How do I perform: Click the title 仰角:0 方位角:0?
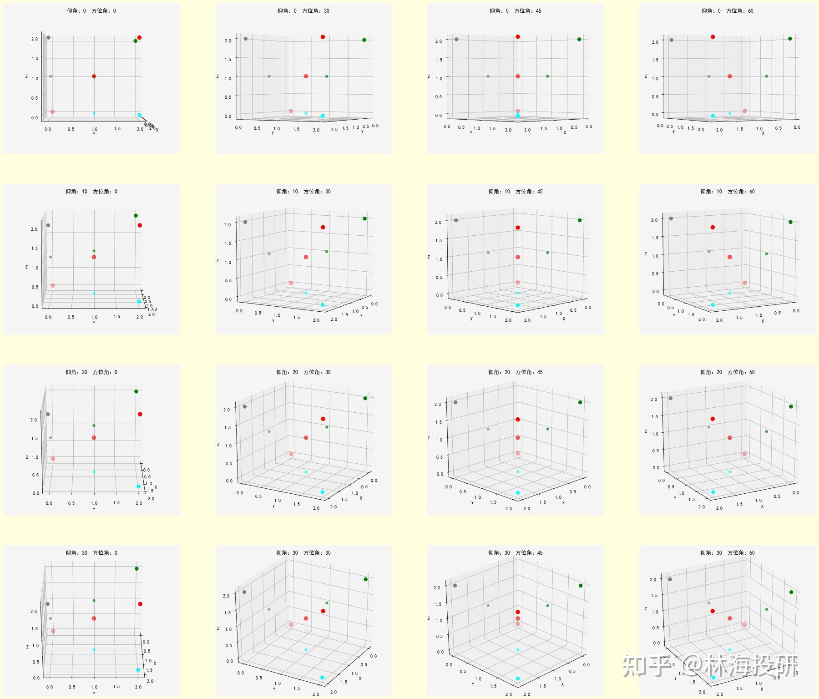point(91,11)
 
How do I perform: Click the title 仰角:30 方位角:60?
point(727,553)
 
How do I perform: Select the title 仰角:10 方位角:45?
point(515,192)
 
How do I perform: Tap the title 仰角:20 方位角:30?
point(303,372)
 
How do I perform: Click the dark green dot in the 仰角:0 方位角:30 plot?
point(364,40)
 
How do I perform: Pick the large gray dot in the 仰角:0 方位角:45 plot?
point(456,39)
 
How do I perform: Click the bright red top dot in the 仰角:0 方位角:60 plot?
point(713,37)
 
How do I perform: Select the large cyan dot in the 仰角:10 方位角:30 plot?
point(323,305)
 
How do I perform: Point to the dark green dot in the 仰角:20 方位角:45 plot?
point(580,402)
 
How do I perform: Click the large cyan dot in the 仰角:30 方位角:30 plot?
point(322,678)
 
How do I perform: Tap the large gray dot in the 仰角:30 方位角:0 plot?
point(48,604)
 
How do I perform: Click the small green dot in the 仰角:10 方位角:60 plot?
point(767,254)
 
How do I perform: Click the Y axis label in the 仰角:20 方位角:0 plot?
point(94,509)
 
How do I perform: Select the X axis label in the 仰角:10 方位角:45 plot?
point(564,319)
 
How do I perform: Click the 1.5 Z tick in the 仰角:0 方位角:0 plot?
point(35,59)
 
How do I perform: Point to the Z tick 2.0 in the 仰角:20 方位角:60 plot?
point(654,400)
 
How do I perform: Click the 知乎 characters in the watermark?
point(645,666)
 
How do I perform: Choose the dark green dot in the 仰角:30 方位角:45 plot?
point(581,586)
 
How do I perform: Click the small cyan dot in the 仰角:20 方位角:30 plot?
point(306,472)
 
